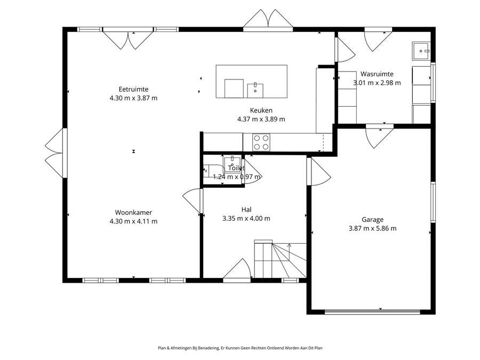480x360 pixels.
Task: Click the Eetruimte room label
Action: tap(133, 90)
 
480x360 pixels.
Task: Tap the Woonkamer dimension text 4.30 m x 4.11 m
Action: tap(133, 221)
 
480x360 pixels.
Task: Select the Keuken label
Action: tap(261, 110)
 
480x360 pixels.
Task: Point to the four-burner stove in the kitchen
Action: tap(261, 142)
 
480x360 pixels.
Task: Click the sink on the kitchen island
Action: tap(255, 90)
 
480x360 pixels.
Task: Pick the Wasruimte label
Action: tap(377, 74)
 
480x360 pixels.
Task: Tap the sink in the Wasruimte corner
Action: tap(421, 51)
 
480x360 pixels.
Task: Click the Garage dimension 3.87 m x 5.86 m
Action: tap(373, 228)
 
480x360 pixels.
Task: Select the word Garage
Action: tap(373, 220)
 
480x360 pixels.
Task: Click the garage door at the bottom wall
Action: tap(373, 312)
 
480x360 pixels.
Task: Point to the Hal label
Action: tap(246, 210)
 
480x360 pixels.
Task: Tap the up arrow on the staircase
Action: tap(289, 251)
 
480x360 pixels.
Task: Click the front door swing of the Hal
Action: tap(237, 269)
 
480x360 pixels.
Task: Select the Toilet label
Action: tap(236, 168)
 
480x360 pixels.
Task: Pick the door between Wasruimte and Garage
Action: tap(380, 136)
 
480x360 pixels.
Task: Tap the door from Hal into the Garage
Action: tap(319, 171)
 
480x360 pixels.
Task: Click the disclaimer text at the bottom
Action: tap(240, 348)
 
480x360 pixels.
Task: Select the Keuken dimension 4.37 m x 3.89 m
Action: tap(261, 119)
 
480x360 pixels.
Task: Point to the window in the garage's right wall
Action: tap(433, 202)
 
